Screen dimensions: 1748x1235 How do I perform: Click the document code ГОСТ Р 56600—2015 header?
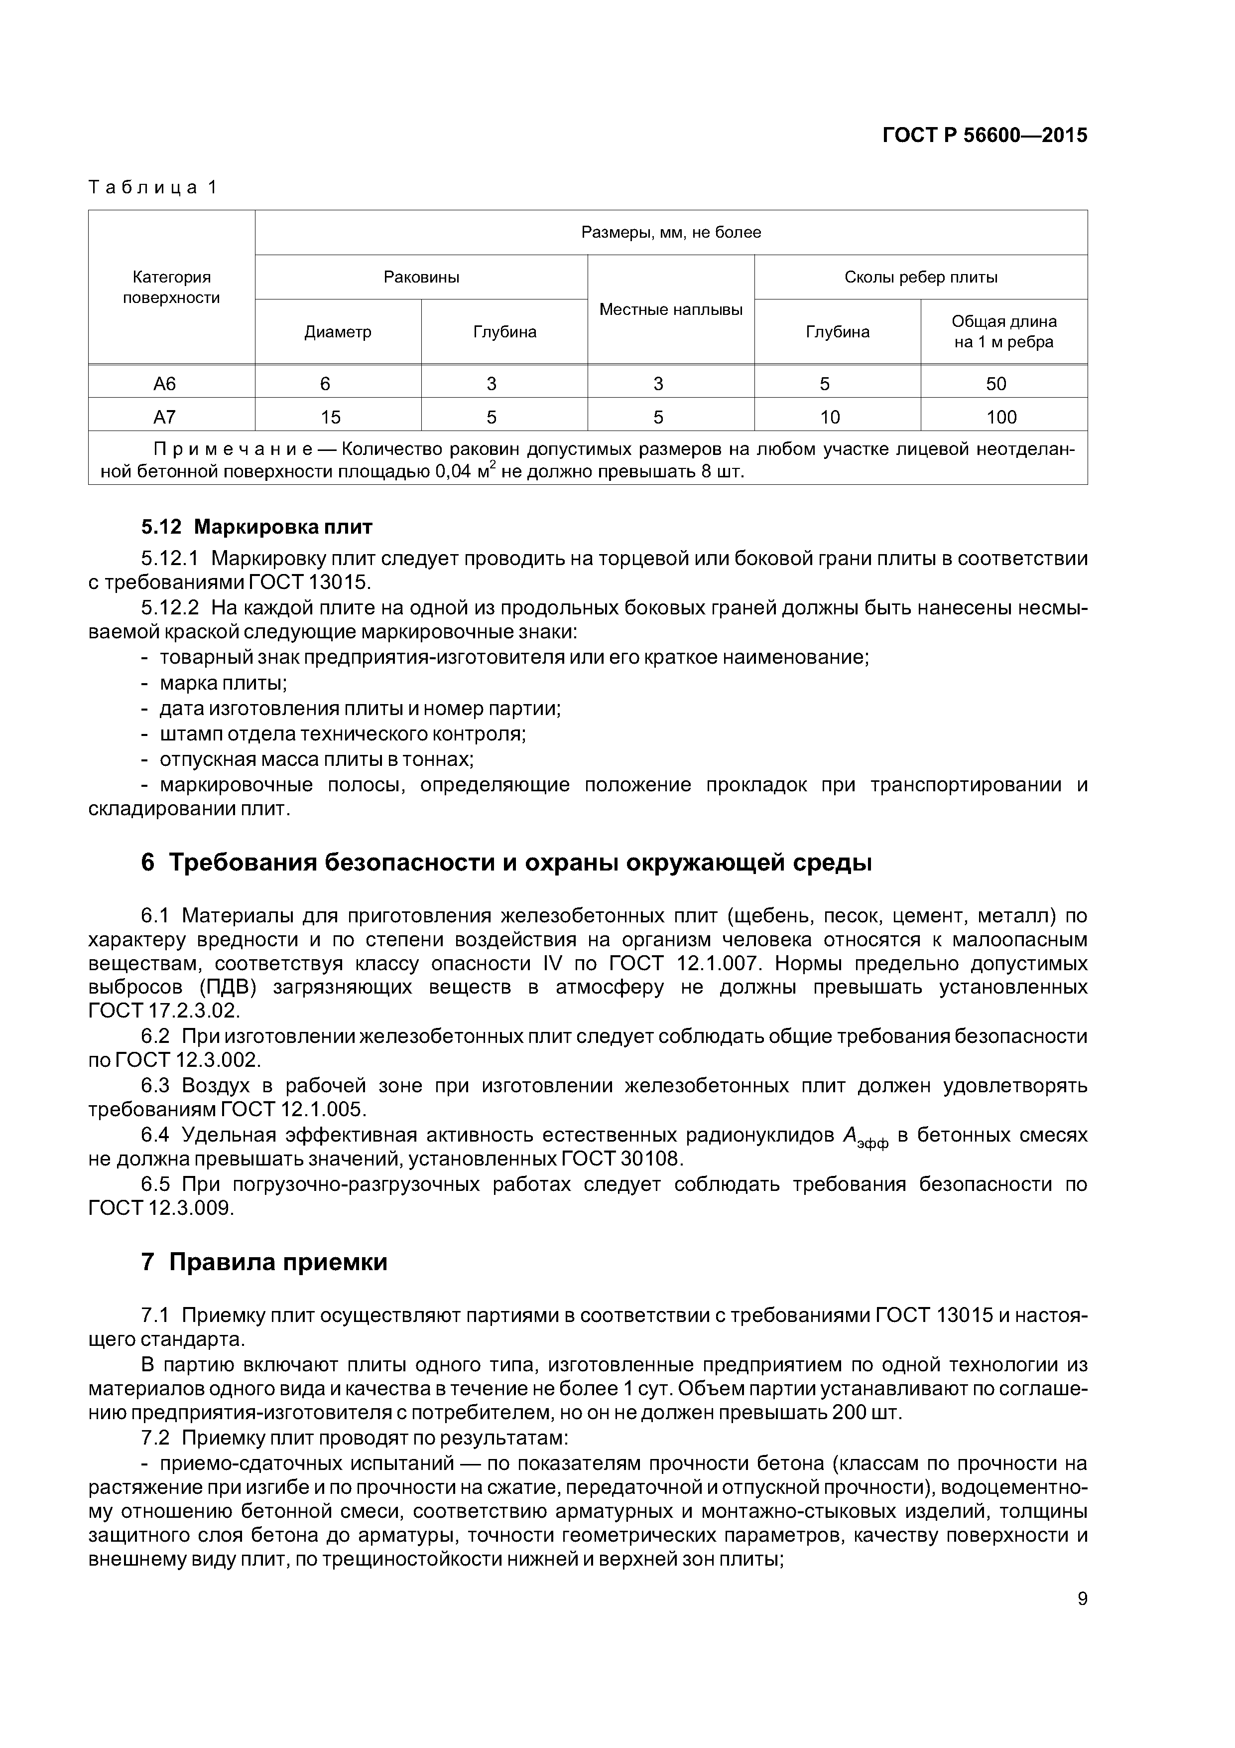[x=984, y=136]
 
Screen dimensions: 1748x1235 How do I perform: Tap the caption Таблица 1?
[x=153, y=187]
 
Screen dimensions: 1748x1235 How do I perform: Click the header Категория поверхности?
[x=171, y=287]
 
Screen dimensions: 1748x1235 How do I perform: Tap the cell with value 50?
[x=995, y=384]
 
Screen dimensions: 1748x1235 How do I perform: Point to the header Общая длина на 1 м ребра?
[x=1003, y=331]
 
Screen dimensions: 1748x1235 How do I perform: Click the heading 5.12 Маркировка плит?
[x=256, y=527]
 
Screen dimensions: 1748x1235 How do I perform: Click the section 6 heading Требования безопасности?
[x=505, y=863]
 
